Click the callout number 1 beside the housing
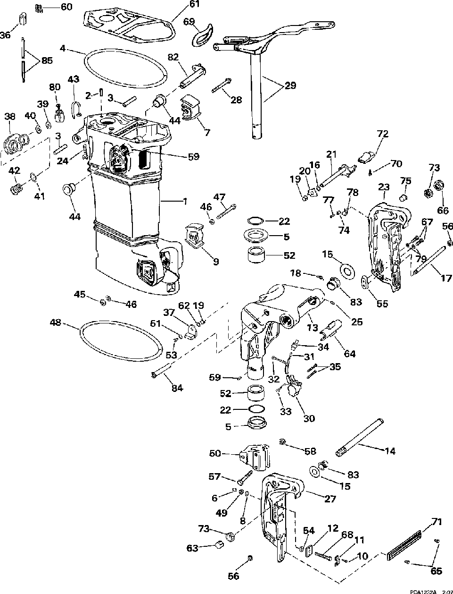point(185,202)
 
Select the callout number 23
point(383,187)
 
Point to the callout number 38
point(10,116)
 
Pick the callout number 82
point(173,57)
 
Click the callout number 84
point(177,389)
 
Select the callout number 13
point(313,328)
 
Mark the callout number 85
point(47,60)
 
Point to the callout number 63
point(193,549)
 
